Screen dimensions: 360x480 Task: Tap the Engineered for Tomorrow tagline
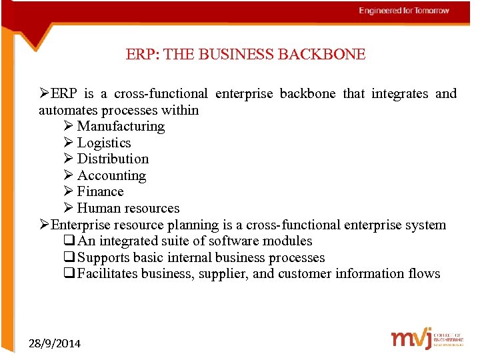(404, 11)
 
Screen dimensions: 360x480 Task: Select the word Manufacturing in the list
(121, 126)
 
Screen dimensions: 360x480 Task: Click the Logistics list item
(104, 143)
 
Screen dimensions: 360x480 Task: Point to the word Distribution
(113, 159)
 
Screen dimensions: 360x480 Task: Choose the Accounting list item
(111, 175)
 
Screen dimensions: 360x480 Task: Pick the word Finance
(100, 191)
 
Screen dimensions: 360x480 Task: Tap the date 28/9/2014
(55, 343)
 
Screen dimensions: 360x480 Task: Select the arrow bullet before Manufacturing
(69, 126)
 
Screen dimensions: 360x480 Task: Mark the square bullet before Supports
(69, 257)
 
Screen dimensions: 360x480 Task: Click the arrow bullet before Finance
(69, 191)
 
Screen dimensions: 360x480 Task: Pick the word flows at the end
(424, 273)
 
